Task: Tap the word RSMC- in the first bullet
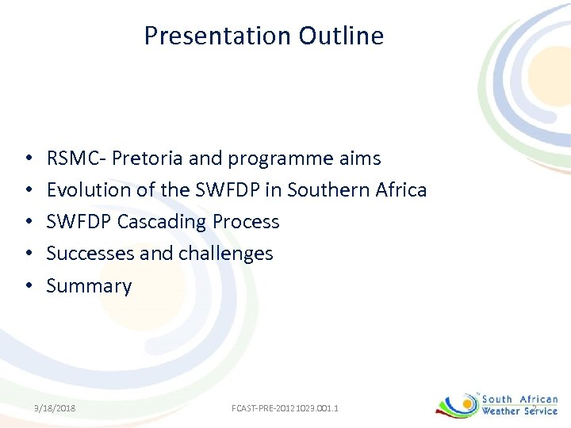click(x=76, y=159)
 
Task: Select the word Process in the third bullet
click(x=246, y=222)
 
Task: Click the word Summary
click(x=89, y=286)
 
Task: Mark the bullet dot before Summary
click(x=28, y=286)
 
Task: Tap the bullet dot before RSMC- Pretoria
click(x=28, y=159)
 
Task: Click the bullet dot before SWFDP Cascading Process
click(x=28, y=222)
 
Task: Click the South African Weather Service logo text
click(x=519, y=405)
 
